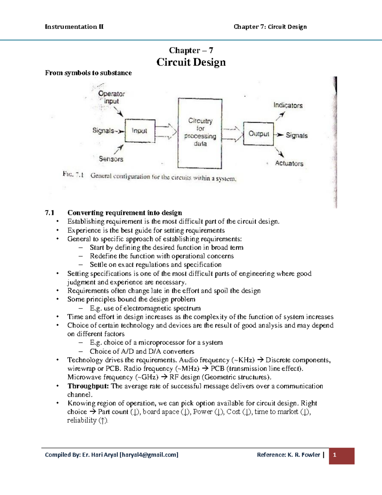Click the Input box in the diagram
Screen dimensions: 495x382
(x=140, y=130)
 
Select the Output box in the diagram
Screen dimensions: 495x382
(x=258, y=134)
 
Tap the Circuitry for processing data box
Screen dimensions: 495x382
(x=200, y=133)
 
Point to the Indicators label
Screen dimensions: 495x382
(x=288, y=106)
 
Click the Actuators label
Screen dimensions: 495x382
(x=289, y=163)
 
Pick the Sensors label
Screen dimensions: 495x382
(x=111, y=159)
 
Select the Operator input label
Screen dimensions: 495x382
(x=111, y=97)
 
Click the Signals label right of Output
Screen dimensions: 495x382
(x=296, y=135)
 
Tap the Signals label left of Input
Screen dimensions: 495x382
(x=103, y=131)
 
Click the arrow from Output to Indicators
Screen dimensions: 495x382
(x=280, y=116)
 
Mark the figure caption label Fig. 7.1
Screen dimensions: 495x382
(x=73, y=175)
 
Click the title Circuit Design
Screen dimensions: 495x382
(x=191, y=62)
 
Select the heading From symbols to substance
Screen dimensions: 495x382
(x=88, y=73)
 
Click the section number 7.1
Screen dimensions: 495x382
(x=50, y=213)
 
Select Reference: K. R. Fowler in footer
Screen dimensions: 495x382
(x=288, y=455)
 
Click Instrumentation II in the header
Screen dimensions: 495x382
(x=74, y=27)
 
